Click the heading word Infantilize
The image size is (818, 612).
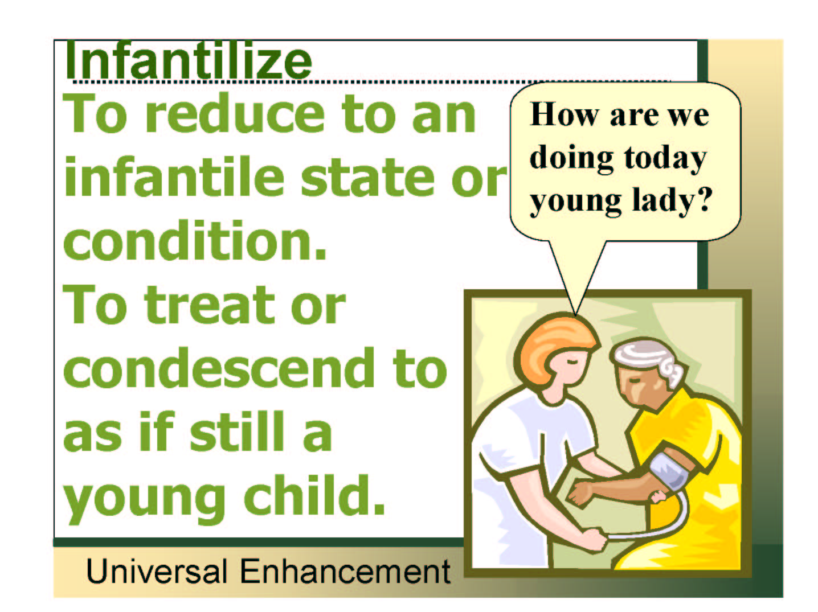pos(189,61)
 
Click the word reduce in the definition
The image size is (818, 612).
pos(235,113)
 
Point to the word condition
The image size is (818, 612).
pos(195,240)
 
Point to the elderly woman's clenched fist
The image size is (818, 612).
pos(582,493)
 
